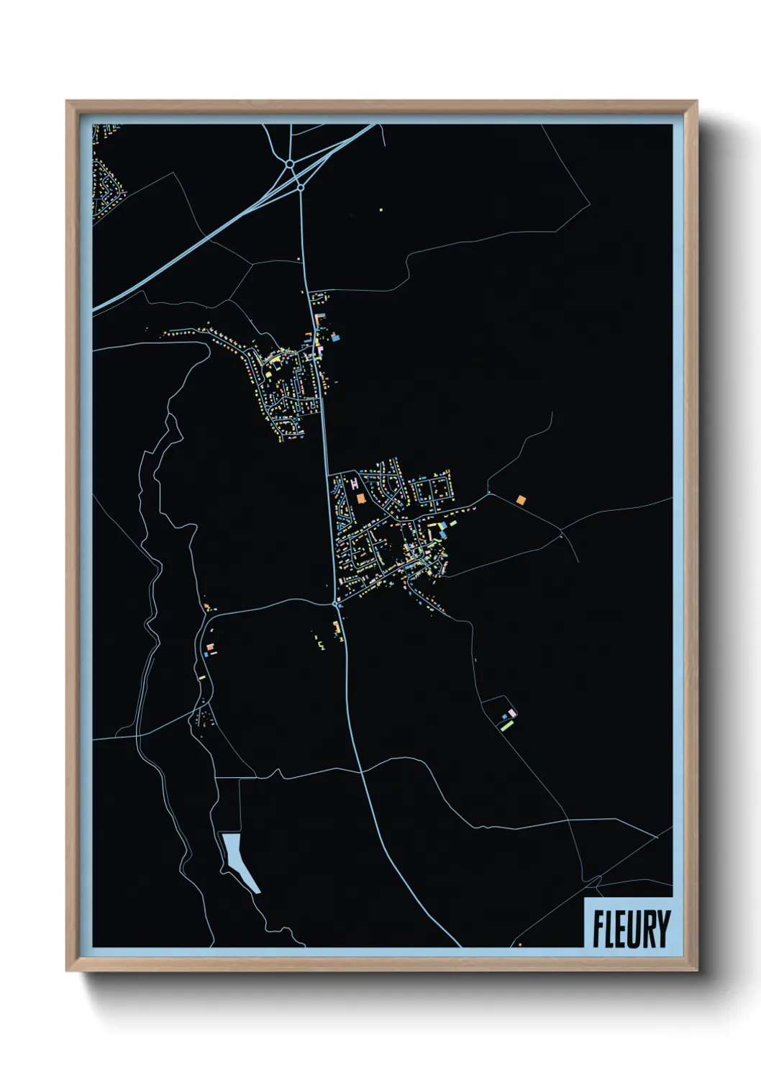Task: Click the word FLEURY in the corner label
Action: click(x=631, y=929)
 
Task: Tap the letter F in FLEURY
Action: click(x=597, y=929)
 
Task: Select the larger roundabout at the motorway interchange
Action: click(x=289, y=164)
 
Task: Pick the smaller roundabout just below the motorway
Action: click(x=300, y=187)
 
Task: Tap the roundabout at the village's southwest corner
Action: click(x=337, y=604)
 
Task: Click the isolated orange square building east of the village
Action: click(x=521, y=499)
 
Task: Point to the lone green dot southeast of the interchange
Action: click(x=381, y=210)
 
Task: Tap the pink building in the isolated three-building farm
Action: click(x=511, y=712)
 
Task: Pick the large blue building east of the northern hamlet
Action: click(x=334, y=335)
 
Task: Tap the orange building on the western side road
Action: click(x=209, y=649)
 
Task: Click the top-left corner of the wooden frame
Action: click(x=67, y=101)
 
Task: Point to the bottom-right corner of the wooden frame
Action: click(x=696, y=970)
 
